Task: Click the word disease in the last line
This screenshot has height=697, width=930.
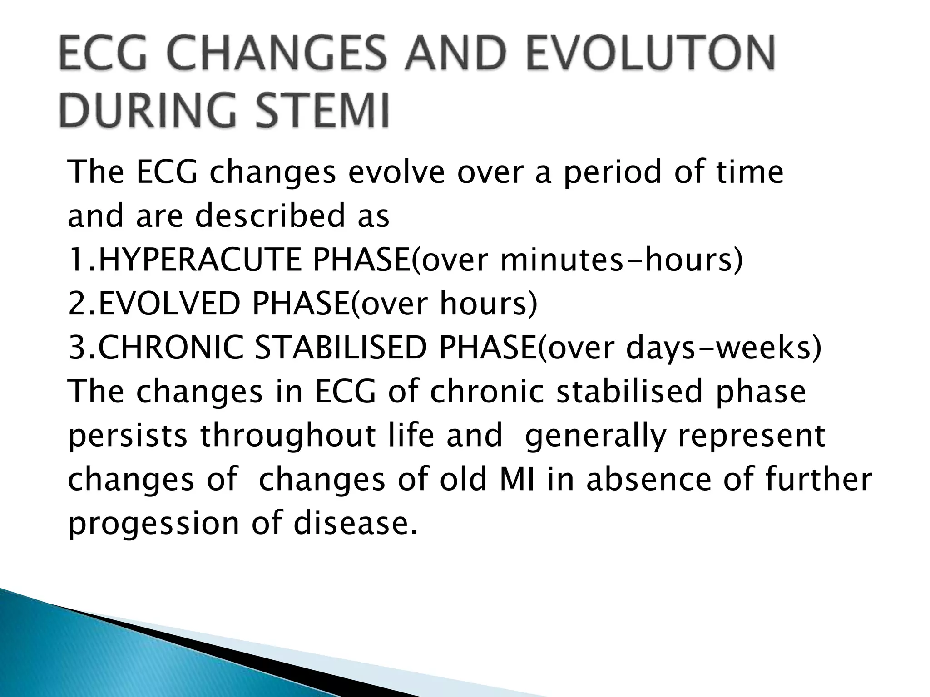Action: tap(355, 523)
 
